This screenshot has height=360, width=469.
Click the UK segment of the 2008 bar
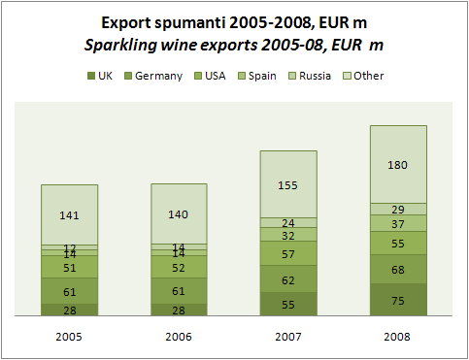pyautogui.click(x=398, y=300)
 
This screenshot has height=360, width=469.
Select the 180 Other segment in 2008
pyautogui.click(x=398, y=164)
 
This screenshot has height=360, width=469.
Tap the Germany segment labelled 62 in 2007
pyautogui.click(x=288, y=279)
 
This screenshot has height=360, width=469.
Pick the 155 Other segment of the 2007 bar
pyautogui.click(x=288, y=183)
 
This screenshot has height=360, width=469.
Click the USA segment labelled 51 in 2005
pyautogui.click(x=69, y=267)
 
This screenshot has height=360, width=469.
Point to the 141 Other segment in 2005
pyautogui.click(x=69, y=214)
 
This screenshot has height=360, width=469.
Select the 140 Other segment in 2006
pyautogui.click(x=179, y=214)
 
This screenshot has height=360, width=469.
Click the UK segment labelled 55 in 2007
pyautogui.click(x=288, y=304)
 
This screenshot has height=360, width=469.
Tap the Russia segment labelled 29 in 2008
pyautogui.click(x=398, y=209)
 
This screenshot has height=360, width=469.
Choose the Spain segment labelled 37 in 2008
pyautogui.click(x=398, y=223)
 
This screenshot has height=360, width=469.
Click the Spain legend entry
pyautogui.click(x=263, y=76)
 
